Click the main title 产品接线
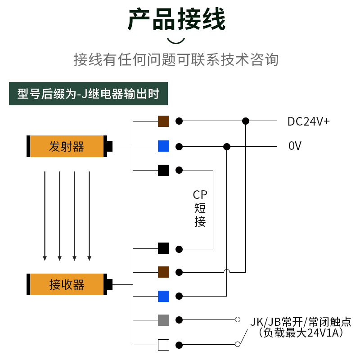[x=176, y=19]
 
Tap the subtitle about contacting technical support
[x=176, y=59]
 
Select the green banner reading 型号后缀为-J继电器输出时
[x=88, y=94]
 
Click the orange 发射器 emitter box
[x=67, y=146]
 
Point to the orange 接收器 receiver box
[x=67, y=284]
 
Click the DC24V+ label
[x=309, y=121]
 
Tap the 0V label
[x=295, y=146]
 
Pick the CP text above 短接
[x=200, y=195]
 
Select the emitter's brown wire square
[x=163, y=121]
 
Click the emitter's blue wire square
[x=163, y=146]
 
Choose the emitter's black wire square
[x=163, y=170]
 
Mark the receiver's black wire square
[x=163, y=248]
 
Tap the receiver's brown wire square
[x=163, y=272]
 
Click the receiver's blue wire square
[x=163, y=296]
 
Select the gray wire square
[x=163, y=320]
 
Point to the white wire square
[x=163, y=345]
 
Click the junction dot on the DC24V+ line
[x=245, y=121]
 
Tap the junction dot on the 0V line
[x=227, y=146]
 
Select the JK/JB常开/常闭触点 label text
[x=301, y=322]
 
